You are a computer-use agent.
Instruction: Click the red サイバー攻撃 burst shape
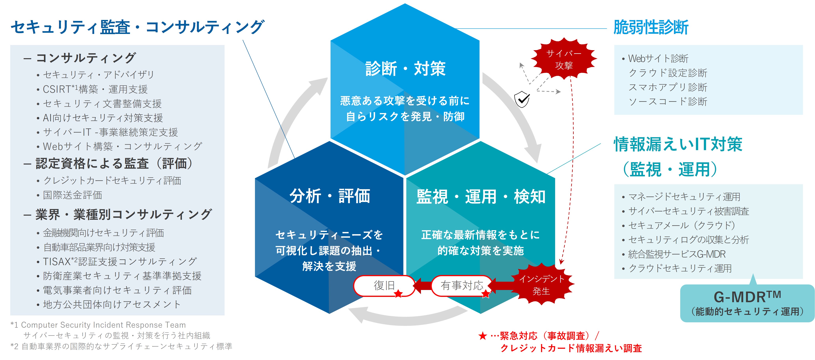tap(564, 59)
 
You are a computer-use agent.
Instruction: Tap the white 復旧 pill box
tap(384, 285)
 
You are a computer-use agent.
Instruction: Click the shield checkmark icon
tap(522, 99)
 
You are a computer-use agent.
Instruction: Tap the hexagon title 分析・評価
tap(330, 196)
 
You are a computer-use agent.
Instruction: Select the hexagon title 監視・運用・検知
tap(481, 196)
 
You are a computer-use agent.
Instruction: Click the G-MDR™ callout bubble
tap(747, 303)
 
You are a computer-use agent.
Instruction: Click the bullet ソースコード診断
tap(668, 102)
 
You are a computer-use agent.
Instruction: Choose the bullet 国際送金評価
tap(72, 195)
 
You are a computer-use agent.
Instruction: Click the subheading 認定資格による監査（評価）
tap(114, 164)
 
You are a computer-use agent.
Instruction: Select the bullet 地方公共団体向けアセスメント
tap(111, 304)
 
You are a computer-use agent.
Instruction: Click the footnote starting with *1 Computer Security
tap(98, 325)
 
